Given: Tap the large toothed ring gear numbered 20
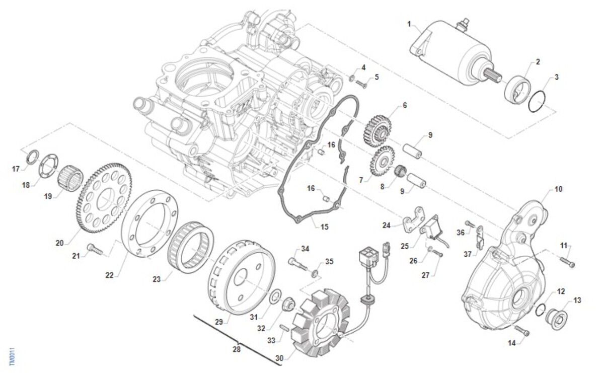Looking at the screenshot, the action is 104,198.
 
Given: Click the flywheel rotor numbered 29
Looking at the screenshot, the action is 242,278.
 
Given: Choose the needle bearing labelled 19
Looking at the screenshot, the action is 70,178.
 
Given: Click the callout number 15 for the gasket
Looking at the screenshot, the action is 324,227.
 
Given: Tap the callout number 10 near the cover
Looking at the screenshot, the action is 558,189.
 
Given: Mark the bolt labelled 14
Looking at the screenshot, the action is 522,331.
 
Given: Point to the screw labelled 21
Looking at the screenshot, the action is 95,249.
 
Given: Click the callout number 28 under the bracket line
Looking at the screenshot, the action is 237,349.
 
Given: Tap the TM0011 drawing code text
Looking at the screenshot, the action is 12,357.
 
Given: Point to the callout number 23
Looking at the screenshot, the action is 157,279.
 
